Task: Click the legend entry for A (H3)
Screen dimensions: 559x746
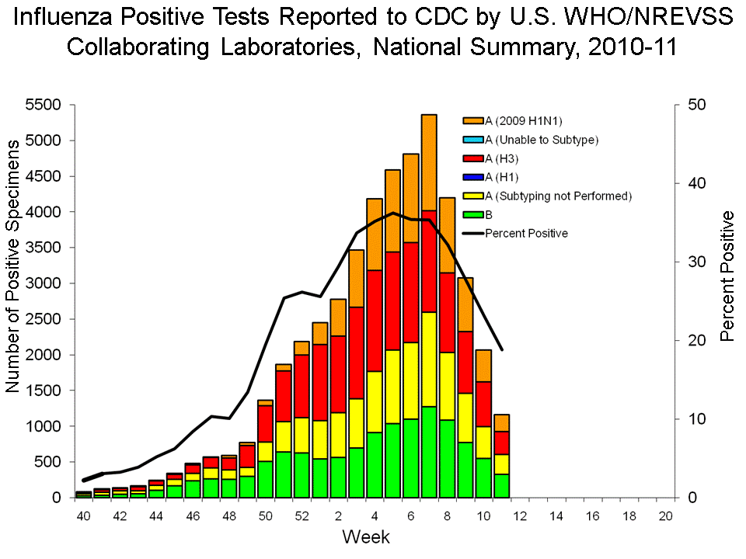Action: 509,158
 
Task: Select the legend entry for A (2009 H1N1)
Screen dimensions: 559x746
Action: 522,121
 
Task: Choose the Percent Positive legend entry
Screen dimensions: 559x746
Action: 526,233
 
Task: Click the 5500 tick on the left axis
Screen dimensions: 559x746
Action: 47,105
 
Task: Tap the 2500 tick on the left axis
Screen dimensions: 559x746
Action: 47,319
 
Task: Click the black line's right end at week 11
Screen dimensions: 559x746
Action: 501,350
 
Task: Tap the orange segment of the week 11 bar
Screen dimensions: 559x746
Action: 501,422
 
